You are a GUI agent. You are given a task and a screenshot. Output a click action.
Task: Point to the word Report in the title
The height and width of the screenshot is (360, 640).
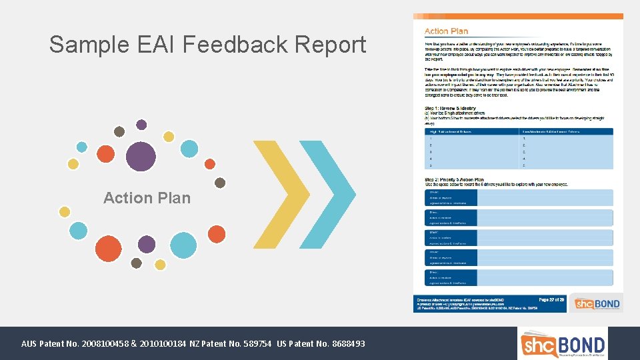point(331,45)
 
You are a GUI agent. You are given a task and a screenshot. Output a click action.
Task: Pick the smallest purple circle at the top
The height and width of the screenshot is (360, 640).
point(141,125)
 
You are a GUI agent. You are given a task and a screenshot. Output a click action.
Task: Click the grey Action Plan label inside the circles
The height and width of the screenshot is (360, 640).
point(147,198)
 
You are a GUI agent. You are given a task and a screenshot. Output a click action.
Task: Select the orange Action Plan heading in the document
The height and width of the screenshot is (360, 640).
point(446,31)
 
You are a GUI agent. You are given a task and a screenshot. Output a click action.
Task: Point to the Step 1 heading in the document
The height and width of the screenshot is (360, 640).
point(450,108)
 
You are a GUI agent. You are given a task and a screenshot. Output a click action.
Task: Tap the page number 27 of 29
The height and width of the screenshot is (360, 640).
point(551,300)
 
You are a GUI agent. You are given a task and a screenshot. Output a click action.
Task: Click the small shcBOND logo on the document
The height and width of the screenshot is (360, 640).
point(598,303)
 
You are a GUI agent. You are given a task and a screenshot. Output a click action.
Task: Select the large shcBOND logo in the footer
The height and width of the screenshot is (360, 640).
point(563,344)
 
